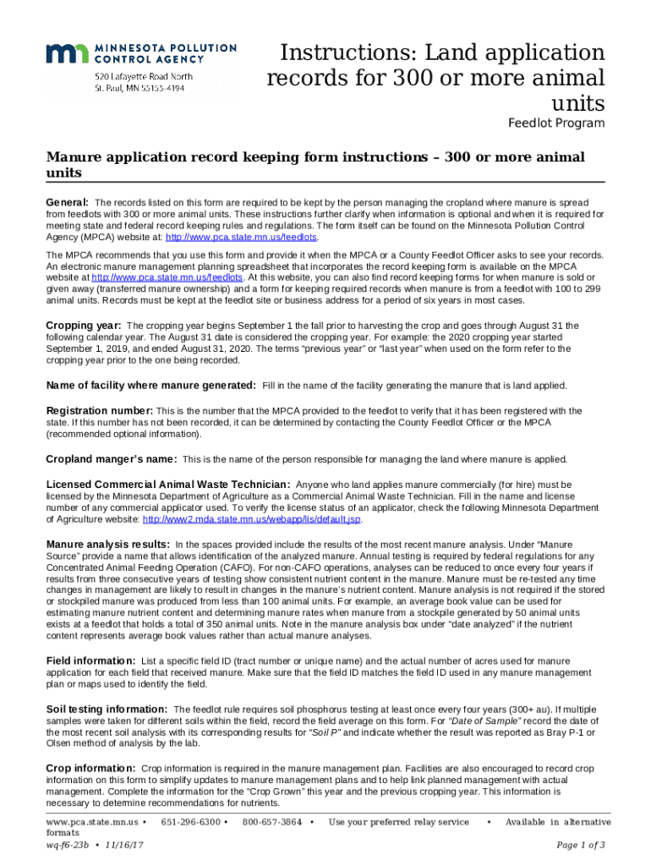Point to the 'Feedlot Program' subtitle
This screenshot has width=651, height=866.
tap(555, 123)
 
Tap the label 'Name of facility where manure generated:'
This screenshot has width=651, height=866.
tap(150, 385)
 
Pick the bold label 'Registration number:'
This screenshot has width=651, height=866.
tap(99, 410)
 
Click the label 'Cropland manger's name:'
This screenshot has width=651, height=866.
tap(111, 459)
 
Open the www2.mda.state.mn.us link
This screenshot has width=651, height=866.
tap(252, 519)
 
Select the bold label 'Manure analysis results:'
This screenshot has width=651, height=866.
tap(107, 544)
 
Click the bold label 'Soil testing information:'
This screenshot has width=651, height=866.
tap(107, 709)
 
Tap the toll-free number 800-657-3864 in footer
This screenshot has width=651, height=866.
tap(272, 822)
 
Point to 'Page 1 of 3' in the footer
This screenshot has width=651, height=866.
tap(581, 845)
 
